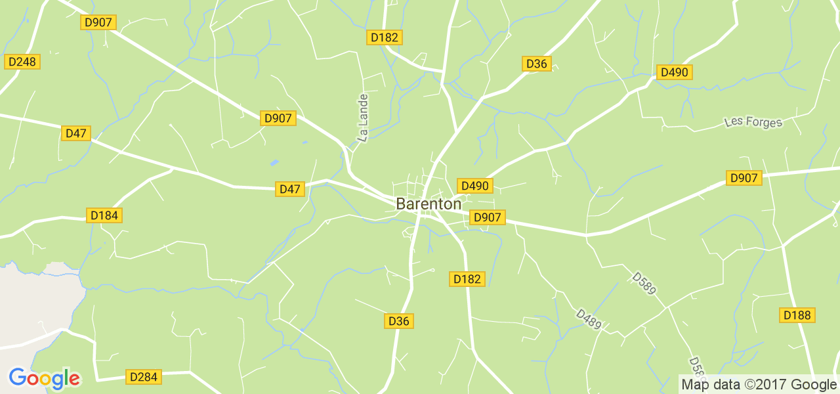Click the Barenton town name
(x=429, y=204)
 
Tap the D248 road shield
(x=22, y=62)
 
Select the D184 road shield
(x=104, y=215)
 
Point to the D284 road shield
(x=143, y=377)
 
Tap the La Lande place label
(x=363, y=117)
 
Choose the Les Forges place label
(x=753, y=122)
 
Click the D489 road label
(x=589, y=319)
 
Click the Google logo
(x=44, y=379)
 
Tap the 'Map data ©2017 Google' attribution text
(x=759, y=385)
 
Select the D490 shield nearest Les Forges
(x=674, y=72)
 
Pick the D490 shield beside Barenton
(x=474, y=186)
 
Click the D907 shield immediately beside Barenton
(x=487, y=217)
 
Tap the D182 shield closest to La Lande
(x=384, y=37)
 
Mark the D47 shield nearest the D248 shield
(x=76, y=133)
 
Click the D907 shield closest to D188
(x=744, y=178)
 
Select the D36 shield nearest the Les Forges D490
(x=536, y=64)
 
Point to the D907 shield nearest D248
(x=98, y=22)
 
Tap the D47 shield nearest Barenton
(x=289, y=189)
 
